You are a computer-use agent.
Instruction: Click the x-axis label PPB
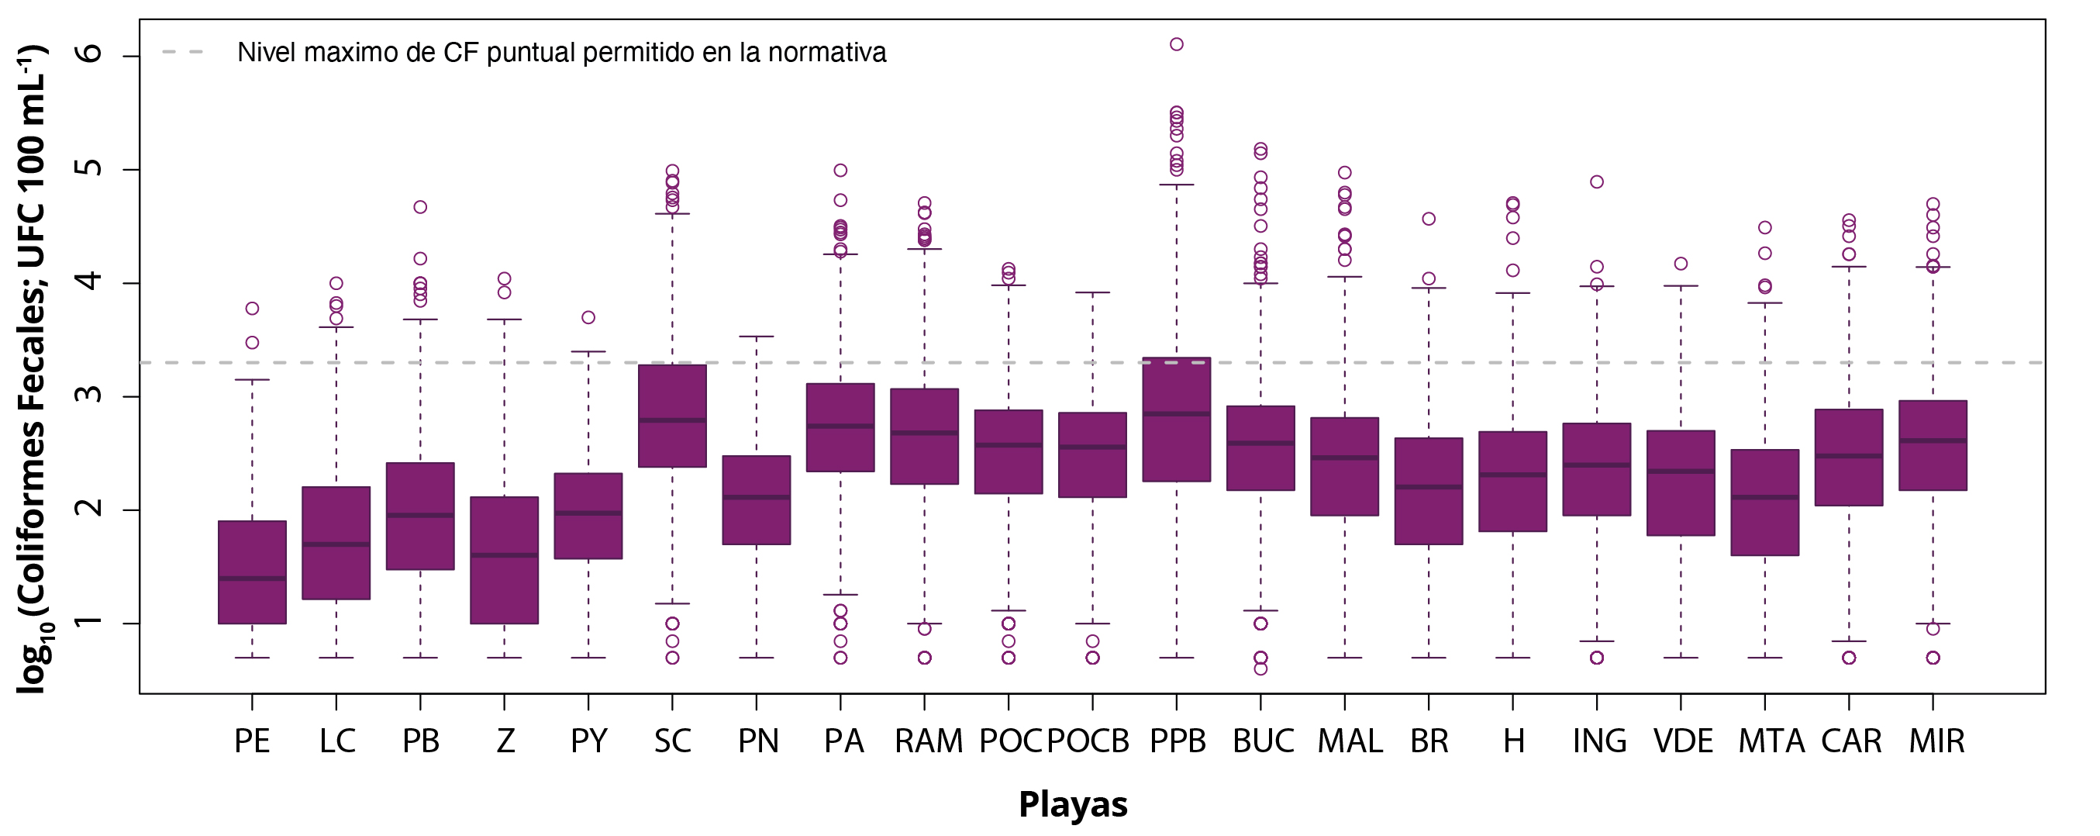pos(1178,741)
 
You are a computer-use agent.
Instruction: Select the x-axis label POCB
pos(1088,741)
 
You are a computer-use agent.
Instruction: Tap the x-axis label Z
pos(505,741)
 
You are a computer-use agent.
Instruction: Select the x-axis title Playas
pos(1073,804)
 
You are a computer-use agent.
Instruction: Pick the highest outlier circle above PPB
pos(1177,44)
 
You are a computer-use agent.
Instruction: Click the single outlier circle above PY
pos(588,317)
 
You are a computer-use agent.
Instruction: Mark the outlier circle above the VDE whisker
pos(1681,264)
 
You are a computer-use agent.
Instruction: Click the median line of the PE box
pos(252,579)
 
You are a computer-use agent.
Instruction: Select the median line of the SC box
pos(673,420)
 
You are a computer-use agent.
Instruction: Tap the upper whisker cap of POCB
pos(1092,292)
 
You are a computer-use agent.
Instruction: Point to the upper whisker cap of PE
pos(252,379)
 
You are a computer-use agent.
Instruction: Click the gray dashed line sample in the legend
pos(183,52)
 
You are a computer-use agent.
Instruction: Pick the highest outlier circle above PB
pos(421,207)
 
